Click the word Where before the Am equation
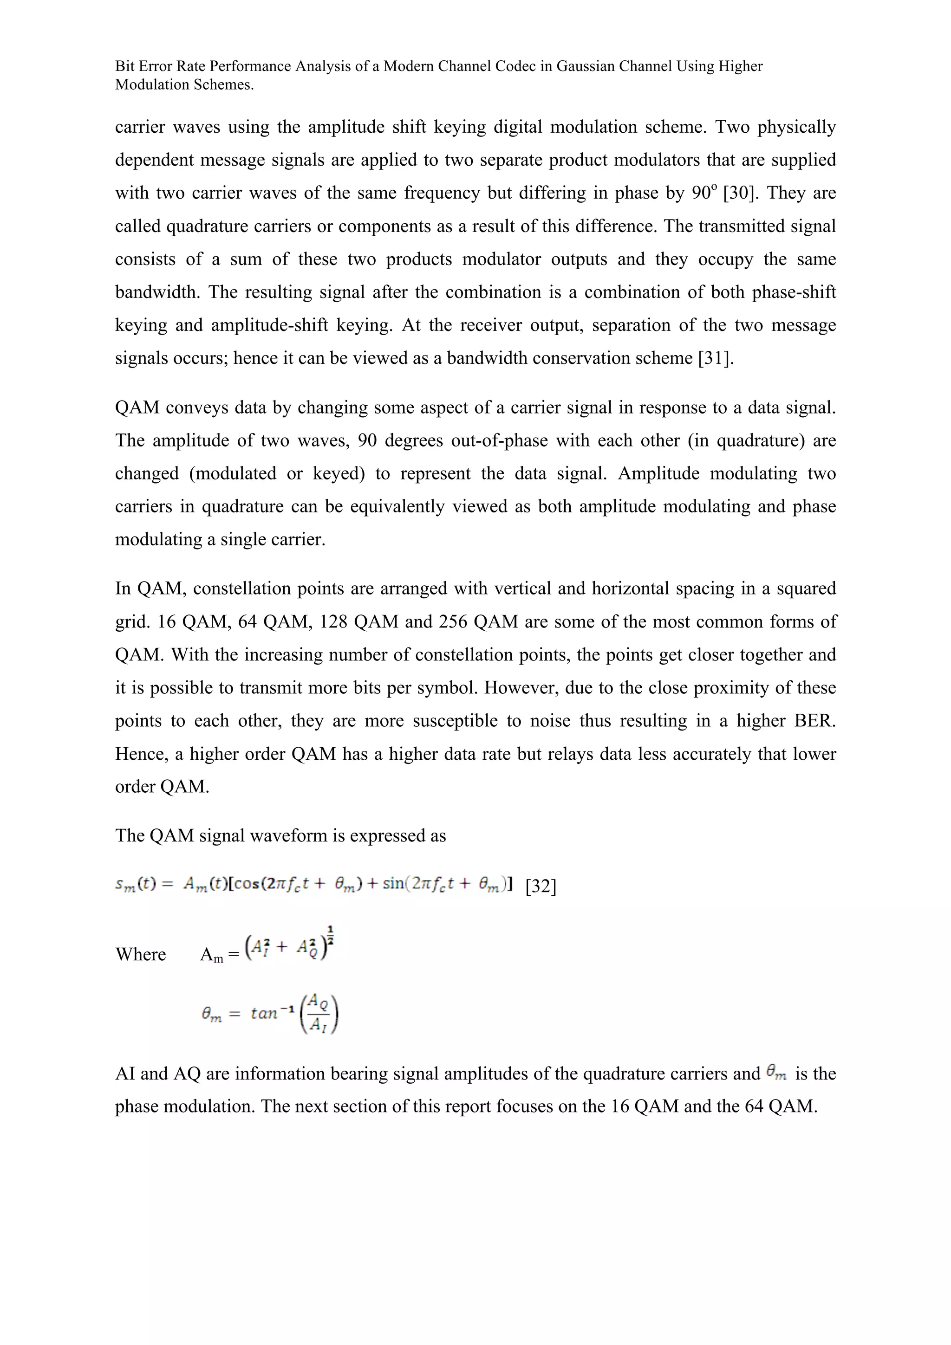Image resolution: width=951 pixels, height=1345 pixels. (x=141, y=954)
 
